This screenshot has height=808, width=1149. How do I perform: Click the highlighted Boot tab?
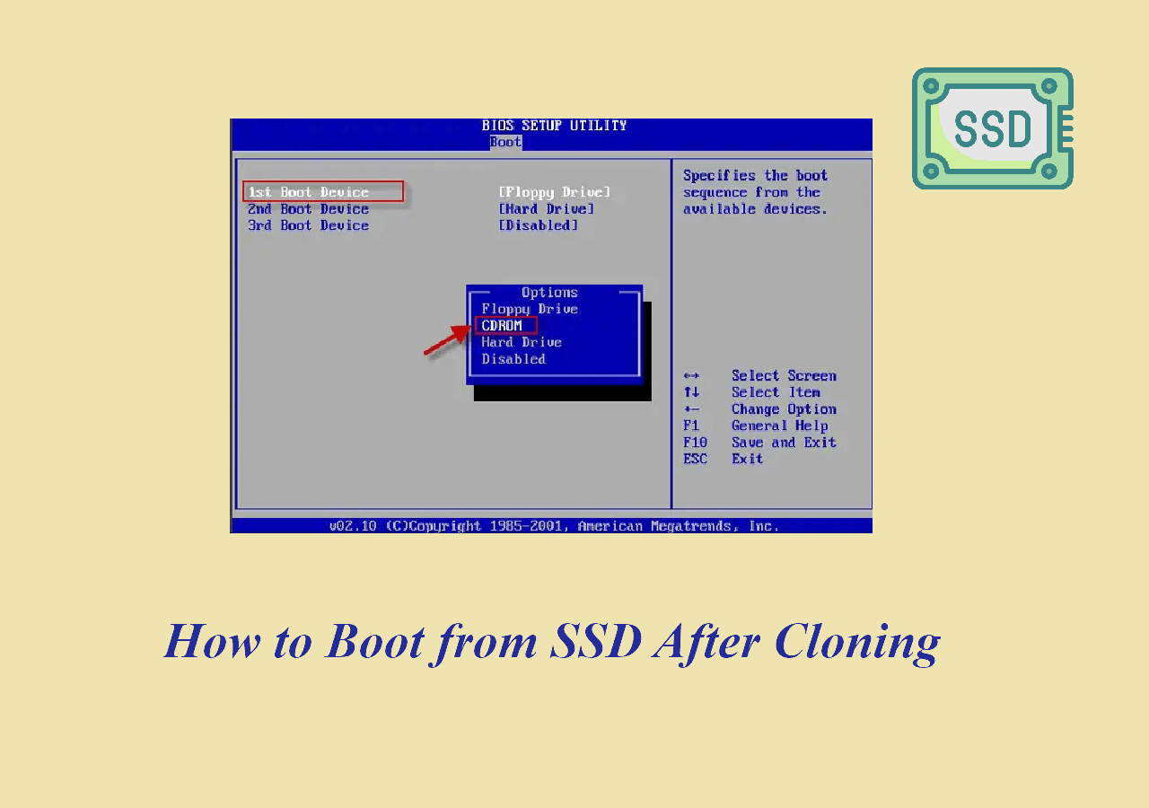(505, 142)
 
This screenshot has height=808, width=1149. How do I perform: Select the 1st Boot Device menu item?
(308, 192)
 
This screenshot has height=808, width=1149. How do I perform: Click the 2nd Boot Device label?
(308, 209)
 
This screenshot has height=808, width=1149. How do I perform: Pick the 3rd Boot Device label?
(308, 225)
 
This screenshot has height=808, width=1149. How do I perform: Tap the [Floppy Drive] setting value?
(555, 192)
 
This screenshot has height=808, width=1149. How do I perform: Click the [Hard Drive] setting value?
(547, 209)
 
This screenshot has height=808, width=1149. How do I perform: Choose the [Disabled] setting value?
(538, 225)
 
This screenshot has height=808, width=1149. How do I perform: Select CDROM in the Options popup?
(502, 326)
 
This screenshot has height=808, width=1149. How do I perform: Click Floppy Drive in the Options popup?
(530, 309)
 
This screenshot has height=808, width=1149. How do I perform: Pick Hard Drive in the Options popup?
(522, 342)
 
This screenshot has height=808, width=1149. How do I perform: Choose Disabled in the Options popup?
(513, 359)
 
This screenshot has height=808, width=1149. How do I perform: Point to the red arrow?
(446, 340)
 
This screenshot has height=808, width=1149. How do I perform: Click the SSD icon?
(993, 128)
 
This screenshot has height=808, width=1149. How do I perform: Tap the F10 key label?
(695, 443)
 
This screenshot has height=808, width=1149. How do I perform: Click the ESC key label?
(695, 459)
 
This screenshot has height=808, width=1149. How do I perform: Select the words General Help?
(780, 426)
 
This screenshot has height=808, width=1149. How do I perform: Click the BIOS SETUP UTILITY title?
(554, 126)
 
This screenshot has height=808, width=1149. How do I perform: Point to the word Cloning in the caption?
(857, 643)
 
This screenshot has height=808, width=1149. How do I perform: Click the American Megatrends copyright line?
(554, 526)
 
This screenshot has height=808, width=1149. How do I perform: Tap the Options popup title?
(550, 293)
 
